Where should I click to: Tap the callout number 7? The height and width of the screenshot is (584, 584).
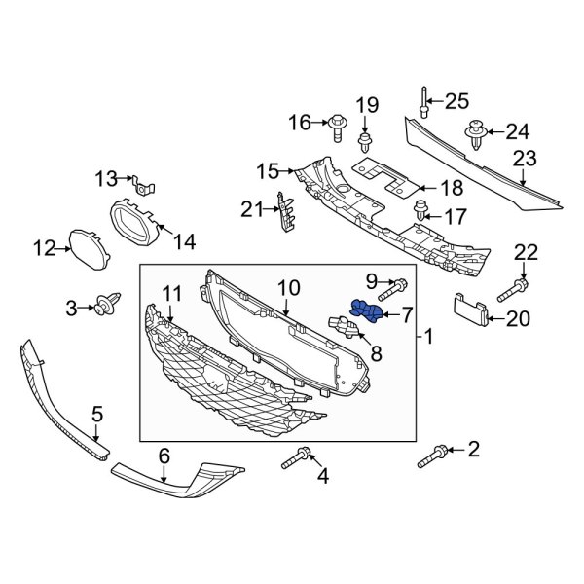(408, 313)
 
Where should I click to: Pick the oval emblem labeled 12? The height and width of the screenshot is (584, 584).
(91, 248)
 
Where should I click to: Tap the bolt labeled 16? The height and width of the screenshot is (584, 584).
(340, 124)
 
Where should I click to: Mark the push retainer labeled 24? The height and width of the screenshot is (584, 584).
(476, 133)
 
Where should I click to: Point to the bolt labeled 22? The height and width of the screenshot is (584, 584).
(516, 288)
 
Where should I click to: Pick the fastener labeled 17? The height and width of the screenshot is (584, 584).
(422, 208)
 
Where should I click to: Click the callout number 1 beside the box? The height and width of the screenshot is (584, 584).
(432, 338)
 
